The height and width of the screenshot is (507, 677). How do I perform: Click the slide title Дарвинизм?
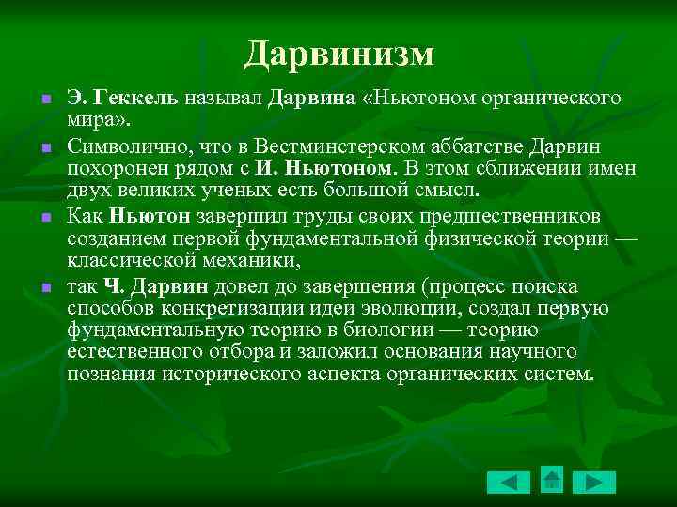[338, 54]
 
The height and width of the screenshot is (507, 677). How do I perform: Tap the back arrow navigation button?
[509, 483]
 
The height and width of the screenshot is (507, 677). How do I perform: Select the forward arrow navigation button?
[594, 483]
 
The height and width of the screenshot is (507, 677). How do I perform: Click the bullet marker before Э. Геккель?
[45, 99]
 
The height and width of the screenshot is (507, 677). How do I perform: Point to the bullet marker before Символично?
[45, 147]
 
